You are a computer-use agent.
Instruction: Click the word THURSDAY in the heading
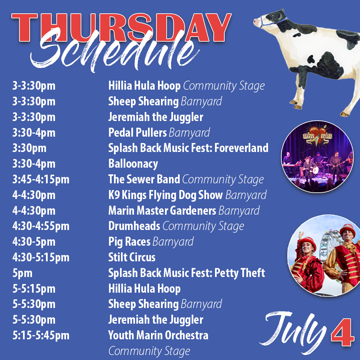click(x=122, y=28)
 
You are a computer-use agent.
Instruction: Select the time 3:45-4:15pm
click(x=41, y=180)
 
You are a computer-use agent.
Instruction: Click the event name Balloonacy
click(x=133, y=164)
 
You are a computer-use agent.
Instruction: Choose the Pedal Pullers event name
click(x=137, y=133)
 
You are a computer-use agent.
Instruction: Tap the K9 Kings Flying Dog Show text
click(x=165, y=195)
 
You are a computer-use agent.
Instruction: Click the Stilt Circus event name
click(x=132, y=257)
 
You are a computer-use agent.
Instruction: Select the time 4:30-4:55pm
click(x=41, y=226)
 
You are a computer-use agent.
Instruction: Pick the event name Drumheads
click(x=134, y=226)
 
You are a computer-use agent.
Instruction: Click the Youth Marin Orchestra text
click(x=158, y=335)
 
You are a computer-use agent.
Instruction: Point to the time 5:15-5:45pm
click(x=41, y=335)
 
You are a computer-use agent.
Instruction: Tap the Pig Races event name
click(x=129, y=242)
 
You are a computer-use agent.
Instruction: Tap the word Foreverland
click(x=241, y=148)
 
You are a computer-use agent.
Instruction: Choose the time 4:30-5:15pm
click(x=41, y=257)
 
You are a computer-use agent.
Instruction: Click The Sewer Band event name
click(x=144, y=180)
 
